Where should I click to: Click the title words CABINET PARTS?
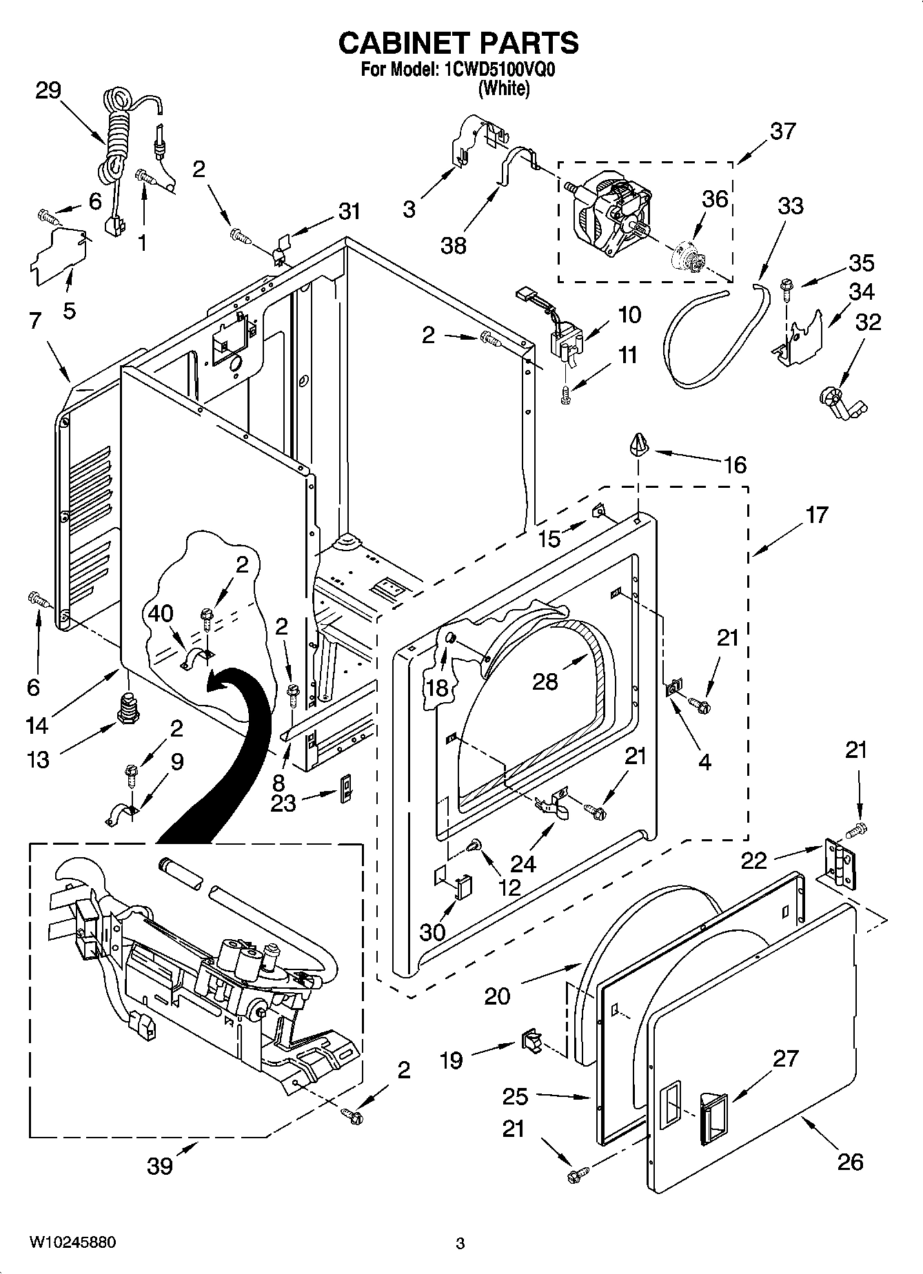[x=458, y=43]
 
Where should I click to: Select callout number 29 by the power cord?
[x=48, y=90]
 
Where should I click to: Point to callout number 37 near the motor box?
[x=782, y=130]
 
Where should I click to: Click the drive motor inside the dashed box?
[x=610, y=210]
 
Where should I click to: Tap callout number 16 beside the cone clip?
[x=736, y=465]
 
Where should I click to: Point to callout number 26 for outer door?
[x=849, y=1162]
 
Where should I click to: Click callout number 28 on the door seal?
[x=545, y=681]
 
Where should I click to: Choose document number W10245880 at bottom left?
[x=72, y=1242]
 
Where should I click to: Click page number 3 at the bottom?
[x=460, y=1244]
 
